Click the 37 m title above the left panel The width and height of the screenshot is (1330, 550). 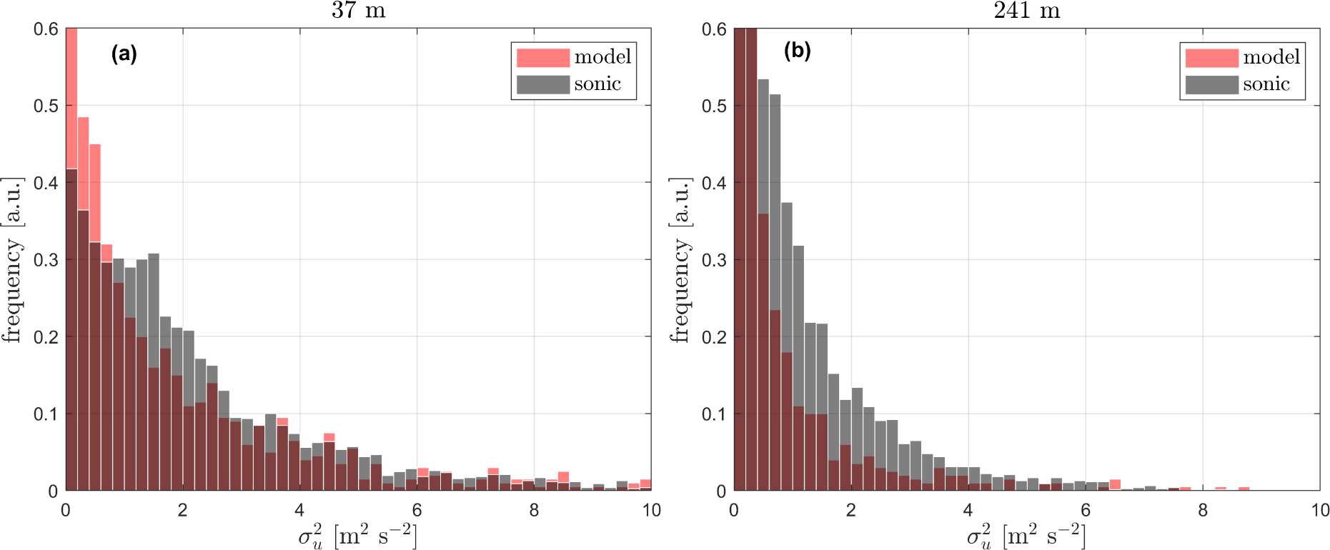358,11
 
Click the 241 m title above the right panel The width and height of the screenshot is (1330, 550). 1026,11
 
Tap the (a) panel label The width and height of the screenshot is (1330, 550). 124,54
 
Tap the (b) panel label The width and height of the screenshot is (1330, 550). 797,51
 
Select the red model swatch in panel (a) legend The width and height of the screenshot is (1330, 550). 543,57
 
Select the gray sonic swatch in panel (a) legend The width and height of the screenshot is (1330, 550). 543,84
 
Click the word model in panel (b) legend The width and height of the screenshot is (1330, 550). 1271,57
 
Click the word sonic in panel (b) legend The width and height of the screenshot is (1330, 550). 1266,84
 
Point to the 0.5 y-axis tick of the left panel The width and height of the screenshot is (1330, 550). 46,106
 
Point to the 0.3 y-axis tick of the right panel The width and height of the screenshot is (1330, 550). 714,260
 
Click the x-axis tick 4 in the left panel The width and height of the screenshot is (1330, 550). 299,510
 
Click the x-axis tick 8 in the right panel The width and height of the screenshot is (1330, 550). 1203,510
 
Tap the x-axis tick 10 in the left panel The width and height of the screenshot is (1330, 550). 651,510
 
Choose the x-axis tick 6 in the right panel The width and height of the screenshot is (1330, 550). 1086,510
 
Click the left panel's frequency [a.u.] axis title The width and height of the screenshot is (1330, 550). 12,260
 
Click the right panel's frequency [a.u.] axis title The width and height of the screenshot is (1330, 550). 680,260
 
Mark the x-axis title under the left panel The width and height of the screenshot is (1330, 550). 358,536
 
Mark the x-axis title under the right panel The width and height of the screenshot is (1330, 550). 1026,536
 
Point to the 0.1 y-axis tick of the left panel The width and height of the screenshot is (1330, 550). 46,414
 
